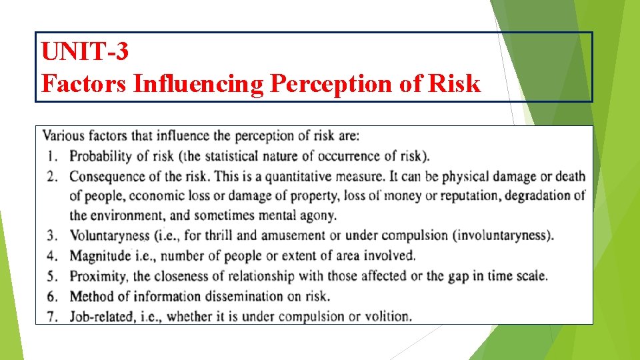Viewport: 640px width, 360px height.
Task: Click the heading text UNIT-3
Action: tap(84, 51)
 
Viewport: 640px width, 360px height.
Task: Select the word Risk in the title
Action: tap(455, 83)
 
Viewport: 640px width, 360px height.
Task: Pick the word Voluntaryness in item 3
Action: tap(110, 235)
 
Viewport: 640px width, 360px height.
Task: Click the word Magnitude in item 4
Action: tap(100, 255)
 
